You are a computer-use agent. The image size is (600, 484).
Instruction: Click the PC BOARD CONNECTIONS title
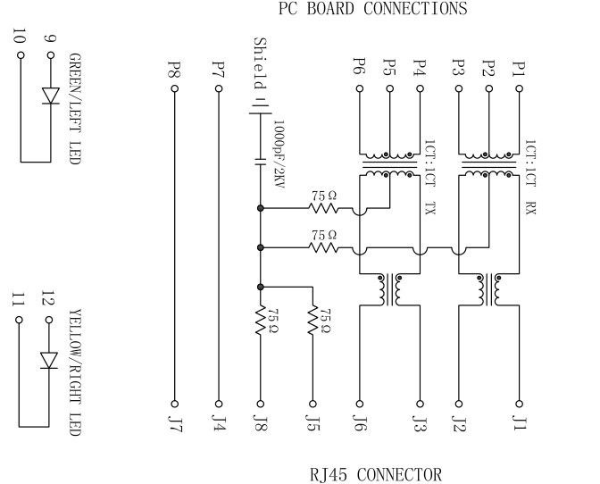coord(373,10)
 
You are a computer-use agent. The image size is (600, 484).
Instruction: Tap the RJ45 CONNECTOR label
coord(375,473)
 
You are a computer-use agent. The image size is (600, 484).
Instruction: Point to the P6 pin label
coord(359,68)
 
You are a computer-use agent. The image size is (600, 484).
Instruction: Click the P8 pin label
coord(174,68)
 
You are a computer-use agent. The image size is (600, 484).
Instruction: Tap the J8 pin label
coord(261,422)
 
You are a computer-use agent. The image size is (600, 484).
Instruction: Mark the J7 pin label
coord(174,422)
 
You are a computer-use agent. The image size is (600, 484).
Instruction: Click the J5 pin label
coord(312,422)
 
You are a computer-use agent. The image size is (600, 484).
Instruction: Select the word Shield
coord(260,63)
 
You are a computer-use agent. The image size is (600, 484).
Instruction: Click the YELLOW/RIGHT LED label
coord(75,373)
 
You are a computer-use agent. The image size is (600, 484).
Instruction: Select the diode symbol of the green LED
coord(50,95)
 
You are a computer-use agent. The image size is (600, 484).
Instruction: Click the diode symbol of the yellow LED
coord(50,359)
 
